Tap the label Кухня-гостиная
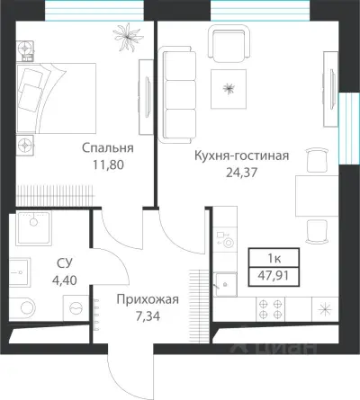241,155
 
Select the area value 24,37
241,171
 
